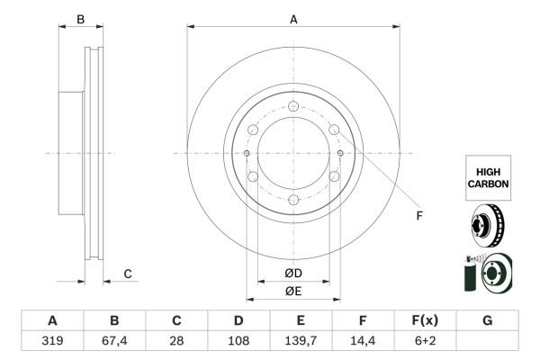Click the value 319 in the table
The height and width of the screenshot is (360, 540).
coord(52,341)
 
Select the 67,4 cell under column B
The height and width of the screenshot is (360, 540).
coord(114,341)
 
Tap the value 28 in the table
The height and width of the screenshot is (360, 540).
coord(176,341)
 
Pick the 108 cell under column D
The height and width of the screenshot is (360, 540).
coord(238,341)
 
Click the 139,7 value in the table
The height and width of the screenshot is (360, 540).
coord(301,341)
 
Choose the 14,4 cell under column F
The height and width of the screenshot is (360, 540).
coord(363,341)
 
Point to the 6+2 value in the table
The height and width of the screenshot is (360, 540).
coord(425,341)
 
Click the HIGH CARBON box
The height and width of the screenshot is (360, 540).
coord(488,175)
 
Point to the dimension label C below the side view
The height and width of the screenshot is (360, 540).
coord(128,274)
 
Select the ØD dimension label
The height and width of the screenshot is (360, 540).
coord(293,273)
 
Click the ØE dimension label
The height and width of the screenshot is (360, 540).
coord(293,291)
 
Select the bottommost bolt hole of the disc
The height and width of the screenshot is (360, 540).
coord(293,200)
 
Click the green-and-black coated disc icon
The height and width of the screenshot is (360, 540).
coord(488,274)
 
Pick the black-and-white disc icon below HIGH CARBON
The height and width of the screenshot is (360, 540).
coord(488,226)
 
